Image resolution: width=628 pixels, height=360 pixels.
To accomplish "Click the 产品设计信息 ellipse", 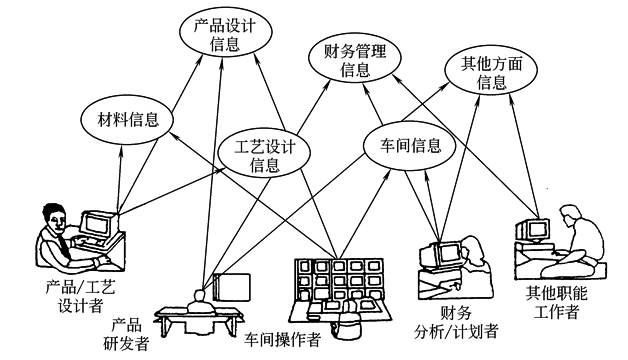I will click(225, 35).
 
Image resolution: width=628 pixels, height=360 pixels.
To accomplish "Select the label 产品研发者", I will click(128, 334).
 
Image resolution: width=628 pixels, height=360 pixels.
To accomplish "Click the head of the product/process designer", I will click(51, 215).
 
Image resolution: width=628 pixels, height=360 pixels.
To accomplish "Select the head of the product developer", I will click(199, 295).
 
